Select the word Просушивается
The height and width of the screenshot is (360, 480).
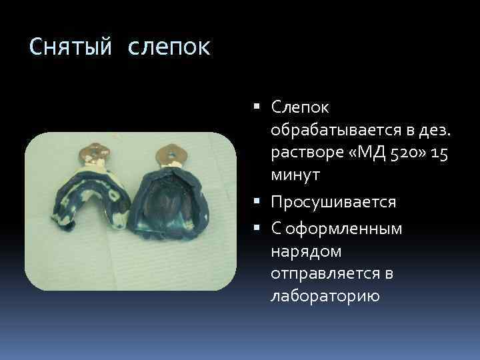point(334,202)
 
